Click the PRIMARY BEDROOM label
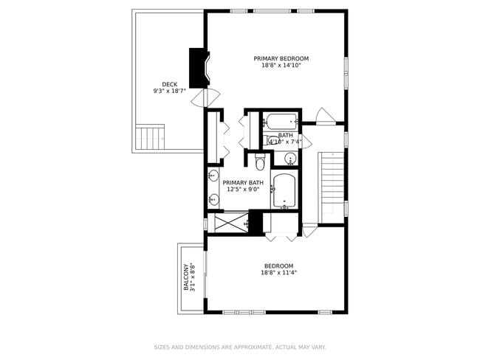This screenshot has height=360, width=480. [281, 58]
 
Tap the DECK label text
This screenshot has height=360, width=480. [168, 84]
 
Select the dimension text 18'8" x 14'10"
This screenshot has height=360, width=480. [281, 66]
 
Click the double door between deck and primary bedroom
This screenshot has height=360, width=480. [205, 97]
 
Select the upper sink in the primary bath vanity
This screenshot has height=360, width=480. [213, 176]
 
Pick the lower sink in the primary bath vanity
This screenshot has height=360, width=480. [213, 198]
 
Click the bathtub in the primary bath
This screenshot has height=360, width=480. [284, 190]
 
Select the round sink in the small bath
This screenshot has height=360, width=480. [289, 158]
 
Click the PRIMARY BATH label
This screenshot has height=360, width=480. [243, 183]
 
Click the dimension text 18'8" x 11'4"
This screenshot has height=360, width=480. [279, 273]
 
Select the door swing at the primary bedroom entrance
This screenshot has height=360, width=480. [324, 116]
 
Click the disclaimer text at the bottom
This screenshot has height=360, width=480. [239, 347]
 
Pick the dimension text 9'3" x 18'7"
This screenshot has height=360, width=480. [168, 91]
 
